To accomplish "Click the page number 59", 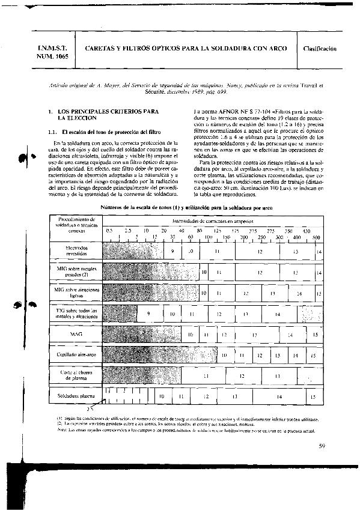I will [x=322, y=446].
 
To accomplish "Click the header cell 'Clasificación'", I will [x=319, y=48].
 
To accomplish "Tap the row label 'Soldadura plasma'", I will [x=76, y=397].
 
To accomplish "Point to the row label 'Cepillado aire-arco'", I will [x=76, y=355].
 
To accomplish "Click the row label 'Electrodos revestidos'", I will [x=76, y=250].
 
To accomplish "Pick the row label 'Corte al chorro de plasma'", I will [x=76, y=376].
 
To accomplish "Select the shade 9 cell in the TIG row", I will [x=148, y=314].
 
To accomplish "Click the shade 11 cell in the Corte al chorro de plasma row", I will [x=206, y=376].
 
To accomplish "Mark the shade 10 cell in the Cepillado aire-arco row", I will [x=224, y=356].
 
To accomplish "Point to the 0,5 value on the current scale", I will [x=109, y=231].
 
